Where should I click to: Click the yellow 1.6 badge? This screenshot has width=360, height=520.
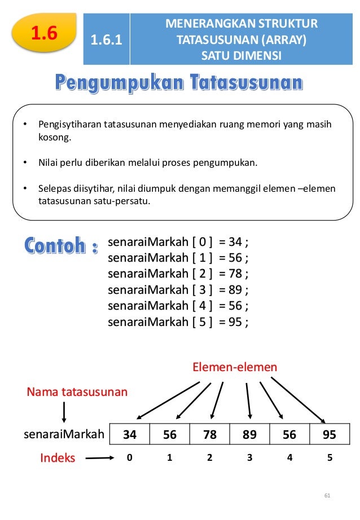(x=44, y=33)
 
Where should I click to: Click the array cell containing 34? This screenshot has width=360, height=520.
(x=130, y=435)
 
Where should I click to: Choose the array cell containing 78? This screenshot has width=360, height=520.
(x=210, y=435)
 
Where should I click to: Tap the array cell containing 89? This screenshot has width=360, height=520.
(x=249, y=435)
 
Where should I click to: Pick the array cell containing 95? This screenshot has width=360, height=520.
(x=330, y=435)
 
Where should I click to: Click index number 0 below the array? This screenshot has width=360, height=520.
(x=129, y=458)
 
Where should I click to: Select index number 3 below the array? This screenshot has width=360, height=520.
(x=249, y=458)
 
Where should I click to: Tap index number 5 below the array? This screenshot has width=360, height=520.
(x=330, y=458)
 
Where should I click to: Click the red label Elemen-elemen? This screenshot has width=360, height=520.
(x=235, y=368)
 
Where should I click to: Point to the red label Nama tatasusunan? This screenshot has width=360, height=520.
(x=77, y=391)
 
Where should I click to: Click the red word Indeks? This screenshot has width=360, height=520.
(x=58, y=458)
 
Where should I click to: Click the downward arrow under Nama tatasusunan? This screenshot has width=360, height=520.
(x=64, y=413)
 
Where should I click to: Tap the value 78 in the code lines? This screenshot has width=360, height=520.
(x=235, y=274)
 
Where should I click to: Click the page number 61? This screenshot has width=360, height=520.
(x=327, y=496)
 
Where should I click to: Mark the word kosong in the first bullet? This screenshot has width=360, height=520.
(x=52, y=137)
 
